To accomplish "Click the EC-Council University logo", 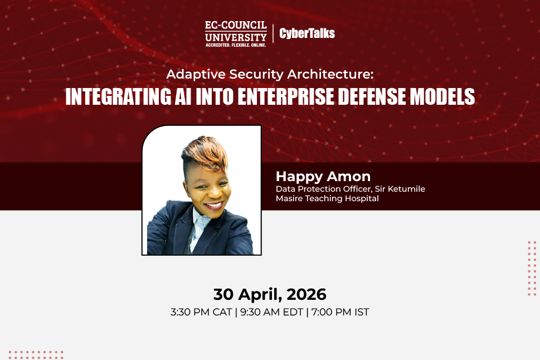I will [235, 32].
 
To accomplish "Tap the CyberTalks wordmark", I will [307, 33].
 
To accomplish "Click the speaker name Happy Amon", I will [323, 177].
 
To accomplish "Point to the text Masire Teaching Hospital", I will [327, 198].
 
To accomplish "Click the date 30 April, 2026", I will [270, 294].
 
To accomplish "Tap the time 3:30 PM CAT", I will [201, 312].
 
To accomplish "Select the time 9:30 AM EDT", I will [271, 312].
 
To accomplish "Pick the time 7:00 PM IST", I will [340, 312].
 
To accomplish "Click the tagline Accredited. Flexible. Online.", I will [235, 44].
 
